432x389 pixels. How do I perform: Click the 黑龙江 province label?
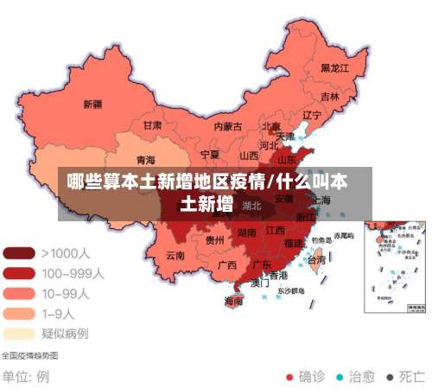click(334, 67)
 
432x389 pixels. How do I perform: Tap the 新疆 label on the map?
click(92, 105)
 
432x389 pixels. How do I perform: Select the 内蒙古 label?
click(228, 126)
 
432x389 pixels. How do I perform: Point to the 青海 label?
click(146, 160)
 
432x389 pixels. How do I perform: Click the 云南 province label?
click(175, 255)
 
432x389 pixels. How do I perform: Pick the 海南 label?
click(233, 302)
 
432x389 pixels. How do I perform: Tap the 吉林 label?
click(330, 96)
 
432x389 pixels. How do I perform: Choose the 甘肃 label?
click(152, 125)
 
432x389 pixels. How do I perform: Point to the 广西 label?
click(227, 265)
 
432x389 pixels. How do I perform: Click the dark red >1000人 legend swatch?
click(19, 253)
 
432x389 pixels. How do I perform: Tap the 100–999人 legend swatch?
click(19, 273)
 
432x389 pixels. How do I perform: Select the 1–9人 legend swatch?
click(19, 313)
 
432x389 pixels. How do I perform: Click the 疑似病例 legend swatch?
click(19, 333)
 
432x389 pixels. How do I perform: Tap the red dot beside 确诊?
click(289, 377)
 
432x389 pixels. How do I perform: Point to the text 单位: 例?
click(26, 377)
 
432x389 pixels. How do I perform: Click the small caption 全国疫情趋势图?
click(29, 355)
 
